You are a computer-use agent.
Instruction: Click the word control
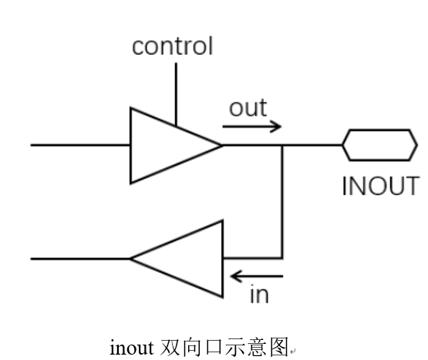tap(172, 46)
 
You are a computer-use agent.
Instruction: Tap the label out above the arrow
tap(248, 108)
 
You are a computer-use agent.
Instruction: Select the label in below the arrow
tap(259, 294)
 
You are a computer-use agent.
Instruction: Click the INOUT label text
tap(380, 187)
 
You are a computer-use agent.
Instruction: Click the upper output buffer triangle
tap(166, 145)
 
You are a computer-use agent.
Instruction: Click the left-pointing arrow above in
tap(258, 275)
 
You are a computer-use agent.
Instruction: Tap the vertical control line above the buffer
tap(176, 93)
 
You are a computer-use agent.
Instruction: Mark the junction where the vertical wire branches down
tap(282, 145)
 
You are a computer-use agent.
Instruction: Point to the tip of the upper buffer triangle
tap(221, 145)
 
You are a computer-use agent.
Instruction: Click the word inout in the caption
tap(133, 348)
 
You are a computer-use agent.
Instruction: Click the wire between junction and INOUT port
tap(312, 145)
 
